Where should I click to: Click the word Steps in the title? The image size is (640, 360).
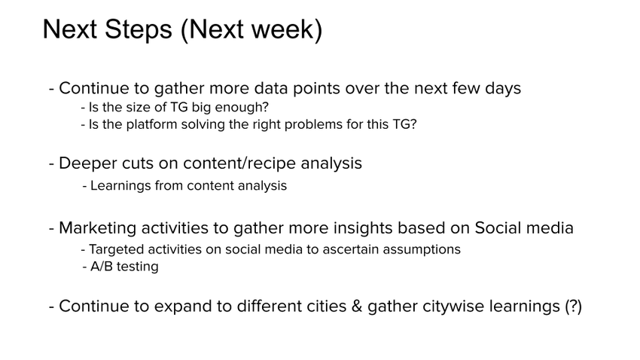[136, 30]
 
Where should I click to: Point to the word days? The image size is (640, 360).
[501, 88]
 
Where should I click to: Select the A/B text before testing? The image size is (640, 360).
[102, 267]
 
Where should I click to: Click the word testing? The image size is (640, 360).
[138, 267]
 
